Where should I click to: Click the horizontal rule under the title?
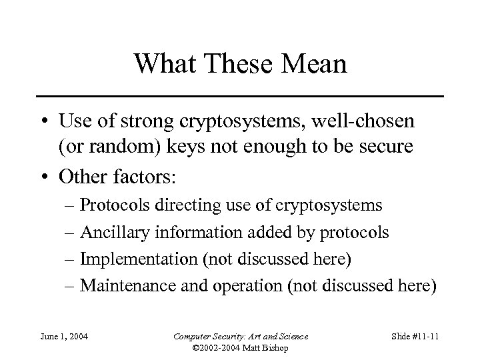(240, 97)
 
